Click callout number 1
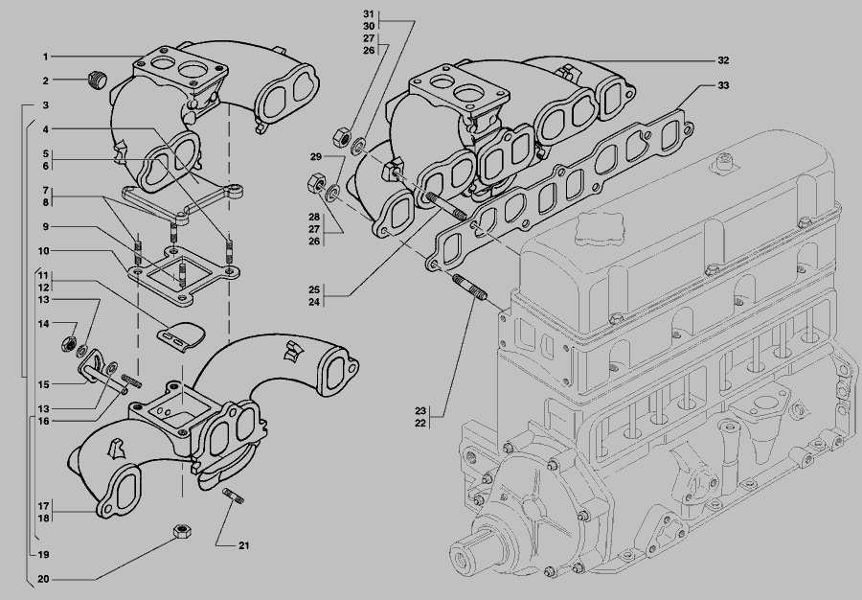tap(45, 57)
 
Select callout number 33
tap(723, 86)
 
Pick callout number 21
tap(243, 546)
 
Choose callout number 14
tap(44, 324)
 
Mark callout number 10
tap(44, 251)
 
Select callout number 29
tap(315, 156)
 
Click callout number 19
tap(44, 555)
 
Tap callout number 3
tap(45, 104)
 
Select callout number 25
tap(313, 288)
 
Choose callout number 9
tap(44, 227)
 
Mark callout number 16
tap(44, 421)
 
